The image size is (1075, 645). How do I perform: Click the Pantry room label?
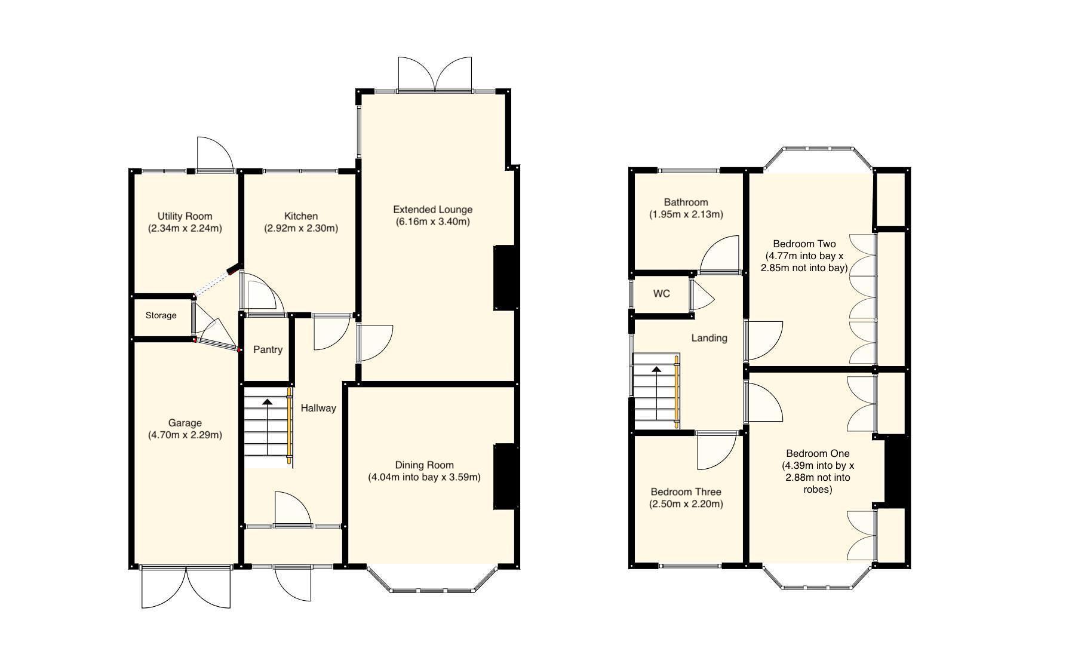coord(268,349)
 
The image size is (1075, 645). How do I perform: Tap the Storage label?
coord(161,315)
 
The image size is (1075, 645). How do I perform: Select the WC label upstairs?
coord(661,294)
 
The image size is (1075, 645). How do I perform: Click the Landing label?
coord(709,338)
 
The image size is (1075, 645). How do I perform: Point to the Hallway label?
coord(318,408)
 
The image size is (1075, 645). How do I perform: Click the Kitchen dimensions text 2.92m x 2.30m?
coord(300,228)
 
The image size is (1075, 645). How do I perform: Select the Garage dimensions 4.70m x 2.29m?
coord(185,435)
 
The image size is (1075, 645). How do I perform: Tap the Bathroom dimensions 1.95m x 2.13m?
coord(686,214)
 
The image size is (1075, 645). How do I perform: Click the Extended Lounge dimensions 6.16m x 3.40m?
coord(432,222)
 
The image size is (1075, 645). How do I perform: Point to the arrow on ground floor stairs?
coord(266,404)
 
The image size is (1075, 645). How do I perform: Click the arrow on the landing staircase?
coord(656,370)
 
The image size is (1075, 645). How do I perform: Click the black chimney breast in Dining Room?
coord(505,477)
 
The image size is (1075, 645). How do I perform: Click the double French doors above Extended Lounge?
coord(435,75)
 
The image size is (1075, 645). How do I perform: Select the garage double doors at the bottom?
coord(186,588)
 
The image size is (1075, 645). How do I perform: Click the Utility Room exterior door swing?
coord(215,153)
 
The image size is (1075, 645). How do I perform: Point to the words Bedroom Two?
coord(804,244)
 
